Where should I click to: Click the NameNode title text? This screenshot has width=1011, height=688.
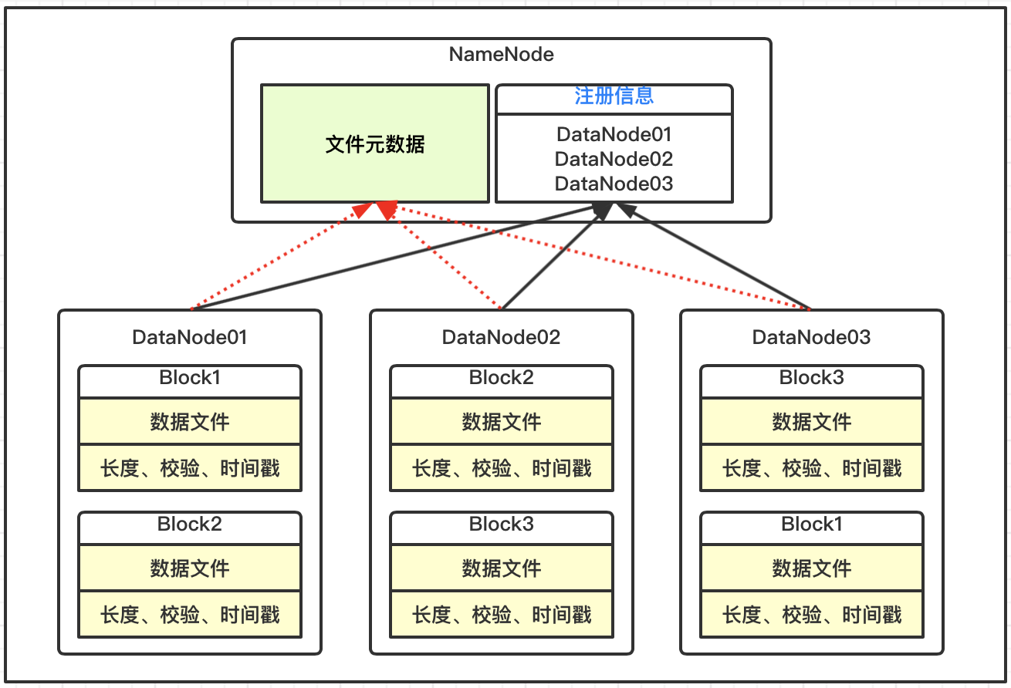click(x=501, y=54)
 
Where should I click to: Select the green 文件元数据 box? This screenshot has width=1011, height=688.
click(x=375, y=143)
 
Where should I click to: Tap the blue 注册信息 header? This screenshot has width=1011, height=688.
click(x=614, y=96)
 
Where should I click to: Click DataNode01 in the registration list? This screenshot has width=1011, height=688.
click(x=614, y=134)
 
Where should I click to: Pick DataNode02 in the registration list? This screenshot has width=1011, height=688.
click(x=614, y=159)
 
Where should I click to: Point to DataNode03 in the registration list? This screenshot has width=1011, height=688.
click(x=614, y=184)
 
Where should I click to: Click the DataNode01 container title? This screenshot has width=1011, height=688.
click(x=190, y=338)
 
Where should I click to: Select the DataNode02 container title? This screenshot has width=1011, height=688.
click(x=501, y=338)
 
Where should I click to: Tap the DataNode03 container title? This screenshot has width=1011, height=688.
click(x=811, y=338)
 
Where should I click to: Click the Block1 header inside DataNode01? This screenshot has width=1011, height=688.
click(x=190, y=378)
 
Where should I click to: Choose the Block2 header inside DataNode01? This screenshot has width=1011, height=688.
click(x=190, y=524)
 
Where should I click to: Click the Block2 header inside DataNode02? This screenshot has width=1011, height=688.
click(x=501, y=378)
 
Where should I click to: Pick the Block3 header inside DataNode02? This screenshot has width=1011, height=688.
click(x=501, y=524)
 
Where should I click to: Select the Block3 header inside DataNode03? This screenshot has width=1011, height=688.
click(x=812, y=378)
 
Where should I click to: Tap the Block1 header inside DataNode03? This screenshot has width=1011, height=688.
click(x=812, y=524)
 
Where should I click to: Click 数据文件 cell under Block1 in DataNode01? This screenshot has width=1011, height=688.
click(x=190, y=421)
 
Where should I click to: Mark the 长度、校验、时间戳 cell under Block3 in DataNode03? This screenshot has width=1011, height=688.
click(x=812, y=468)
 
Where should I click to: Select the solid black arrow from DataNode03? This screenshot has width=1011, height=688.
click(x=713, y=256)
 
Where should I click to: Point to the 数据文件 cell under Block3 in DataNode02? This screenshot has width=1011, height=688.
click(x=501, y=568)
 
